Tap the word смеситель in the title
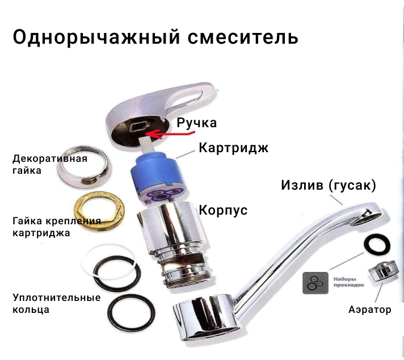(x=243, y=37)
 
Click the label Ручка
(x=196, y=123)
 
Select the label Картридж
(x=234, y=148)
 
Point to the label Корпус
(x=223, y=210)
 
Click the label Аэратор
(x=370, y=309)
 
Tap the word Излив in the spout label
(x=302, y=185)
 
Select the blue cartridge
(x=157, y=177)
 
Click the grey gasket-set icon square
(x=315, y=283)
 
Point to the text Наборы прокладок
(x=348, y=282)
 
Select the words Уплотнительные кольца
(x=56, y=303)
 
